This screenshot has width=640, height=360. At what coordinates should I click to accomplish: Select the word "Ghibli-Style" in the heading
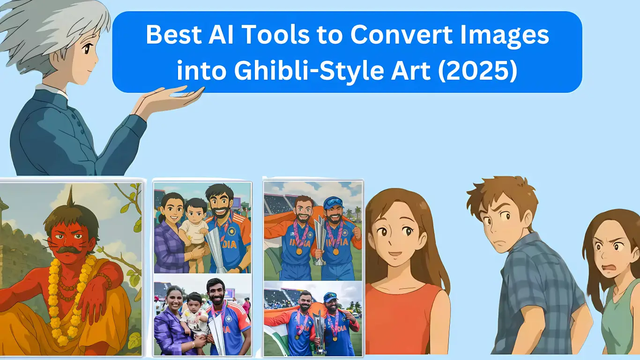(309, 72)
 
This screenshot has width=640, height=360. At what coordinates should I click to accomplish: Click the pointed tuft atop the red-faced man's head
(71, 195)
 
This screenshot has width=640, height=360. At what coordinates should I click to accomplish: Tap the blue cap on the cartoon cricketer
(334, 202)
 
